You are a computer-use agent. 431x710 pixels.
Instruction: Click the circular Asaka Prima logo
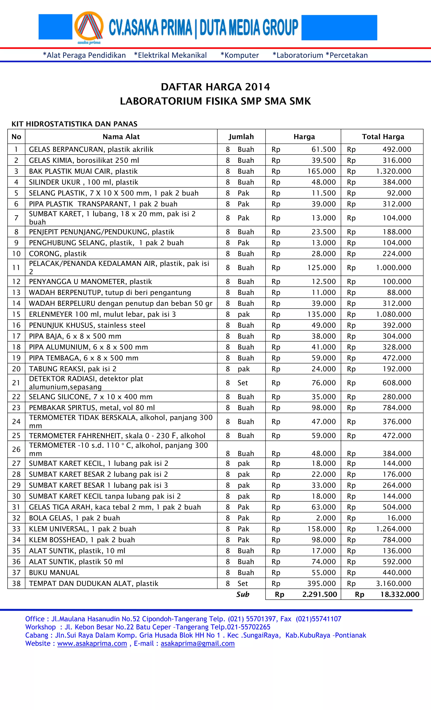(89, 27)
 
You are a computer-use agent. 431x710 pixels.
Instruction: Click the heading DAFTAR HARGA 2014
(215, 87)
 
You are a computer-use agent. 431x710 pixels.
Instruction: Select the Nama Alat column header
(121, 137)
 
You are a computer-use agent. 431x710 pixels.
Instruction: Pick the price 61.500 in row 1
(323, 149)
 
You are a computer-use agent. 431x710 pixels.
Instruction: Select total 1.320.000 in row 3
(393, 171)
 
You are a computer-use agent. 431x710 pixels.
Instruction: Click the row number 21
(16, 383)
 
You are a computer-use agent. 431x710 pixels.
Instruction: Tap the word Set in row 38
(243, 583)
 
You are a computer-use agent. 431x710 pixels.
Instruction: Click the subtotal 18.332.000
(400, 594)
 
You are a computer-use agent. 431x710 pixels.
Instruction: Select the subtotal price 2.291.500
(319, 594)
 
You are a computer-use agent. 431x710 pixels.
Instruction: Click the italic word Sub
(243, 594)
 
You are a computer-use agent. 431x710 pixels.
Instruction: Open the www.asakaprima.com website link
(92, 643)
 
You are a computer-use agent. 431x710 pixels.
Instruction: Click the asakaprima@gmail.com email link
(197, 643)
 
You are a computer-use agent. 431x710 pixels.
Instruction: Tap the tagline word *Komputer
(239, 55)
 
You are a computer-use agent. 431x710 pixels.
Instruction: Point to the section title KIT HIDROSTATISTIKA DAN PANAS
(74, 124)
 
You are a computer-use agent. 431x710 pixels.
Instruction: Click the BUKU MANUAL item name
(54, 573)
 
